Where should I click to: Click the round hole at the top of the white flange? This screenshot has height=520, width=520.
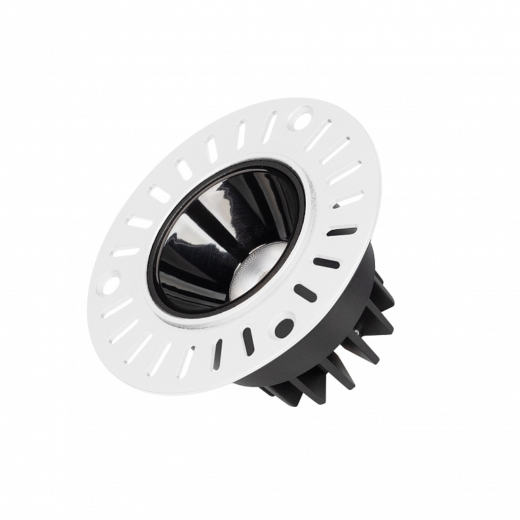pyautogui.click(x=299, y=121)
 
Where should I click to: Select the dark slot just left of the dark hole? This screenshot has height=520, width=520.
pyautogui.click(x=248, y=340)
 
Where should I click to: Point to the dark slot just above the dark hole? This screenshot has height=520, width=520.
pyautogui.click(x=305, y=292)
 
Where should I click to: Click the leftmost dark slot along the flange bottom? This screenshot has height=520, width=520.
pyautogui.click(x=218, y=353)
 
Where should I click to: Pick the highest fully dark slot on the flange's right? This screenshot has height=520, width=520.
pyautogui.click(x=342, y=231)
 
